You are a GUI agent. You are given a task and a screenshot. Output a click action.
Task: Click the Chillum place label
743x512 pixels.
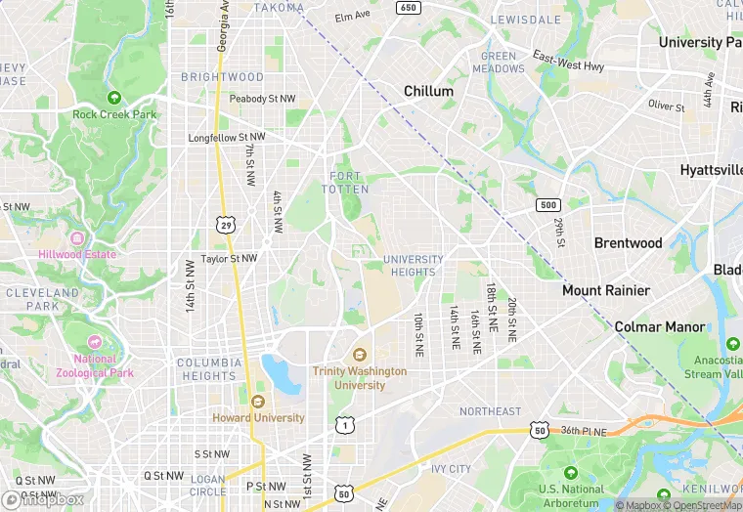pos(429,91)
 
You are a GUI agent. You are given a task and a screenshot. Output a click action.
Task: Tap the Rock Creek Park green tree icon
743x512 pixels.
pos(114,98)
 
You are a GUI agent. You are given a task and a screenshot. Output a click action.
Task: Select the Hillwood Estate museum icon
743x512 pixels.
pos(75,238)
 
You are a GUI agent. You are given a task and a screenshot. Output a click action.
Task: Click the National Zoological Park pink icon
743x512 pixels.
pos(95,343)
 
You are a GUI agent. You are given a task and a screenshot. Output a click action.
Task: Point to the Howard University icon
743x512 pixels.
pos(258,402)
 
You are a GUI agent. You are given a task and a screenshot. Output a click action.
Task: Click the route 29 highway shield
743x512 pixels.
pos(226,226)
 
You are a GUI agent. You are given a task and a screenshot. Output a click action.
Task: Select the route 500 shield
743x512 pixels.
pos(547,204)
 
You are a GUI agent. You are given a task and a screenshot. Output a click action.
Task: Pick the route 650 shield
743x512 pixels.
pos(408,8)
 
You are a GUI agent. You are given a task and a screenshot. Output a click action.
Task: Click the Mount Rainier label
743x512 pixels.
pos(605,290)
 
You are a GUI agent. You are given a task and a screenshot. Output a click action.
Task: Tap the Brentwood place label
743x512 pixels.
pos(628,242)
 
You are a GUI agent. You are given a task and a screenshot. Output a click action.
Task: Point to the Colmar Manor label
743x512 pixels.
pos(659,326)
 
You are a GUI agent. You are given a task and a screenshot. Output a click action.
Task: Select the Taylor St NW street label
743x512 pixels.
pos(229,259)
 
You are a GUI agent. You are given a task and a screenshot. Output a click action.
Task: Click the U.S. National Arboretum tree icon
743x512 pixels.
pos(570,475)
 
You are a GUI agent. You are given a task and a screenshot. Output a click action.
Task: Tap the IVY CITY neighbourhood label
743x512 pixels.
pos(452,469)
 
